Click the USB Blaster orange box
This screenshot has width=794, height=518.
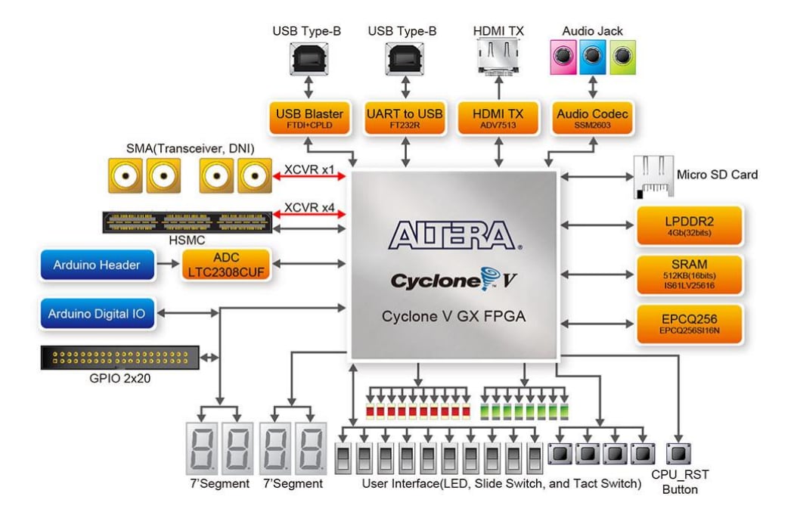tap(309, 118)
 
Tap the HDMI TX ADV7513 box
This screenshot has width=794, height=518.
tap(498, 118)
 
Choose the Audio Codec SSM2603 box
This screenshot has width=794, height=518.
tap(592, 118)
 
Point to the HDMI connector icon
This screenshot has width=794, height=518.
tap(498, 57)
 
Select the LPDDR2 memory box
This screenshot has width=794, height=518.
tap(689, 225)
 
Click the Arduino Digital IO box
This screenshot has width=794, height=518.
tap(98, 313)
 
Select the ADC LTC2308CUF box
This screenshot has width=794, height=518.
tap(225, 265)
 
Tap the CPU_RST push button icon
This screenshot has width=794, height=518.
tap(678, 454)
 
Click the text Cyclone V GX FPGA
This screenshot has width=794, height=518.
tap(454, 316)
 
